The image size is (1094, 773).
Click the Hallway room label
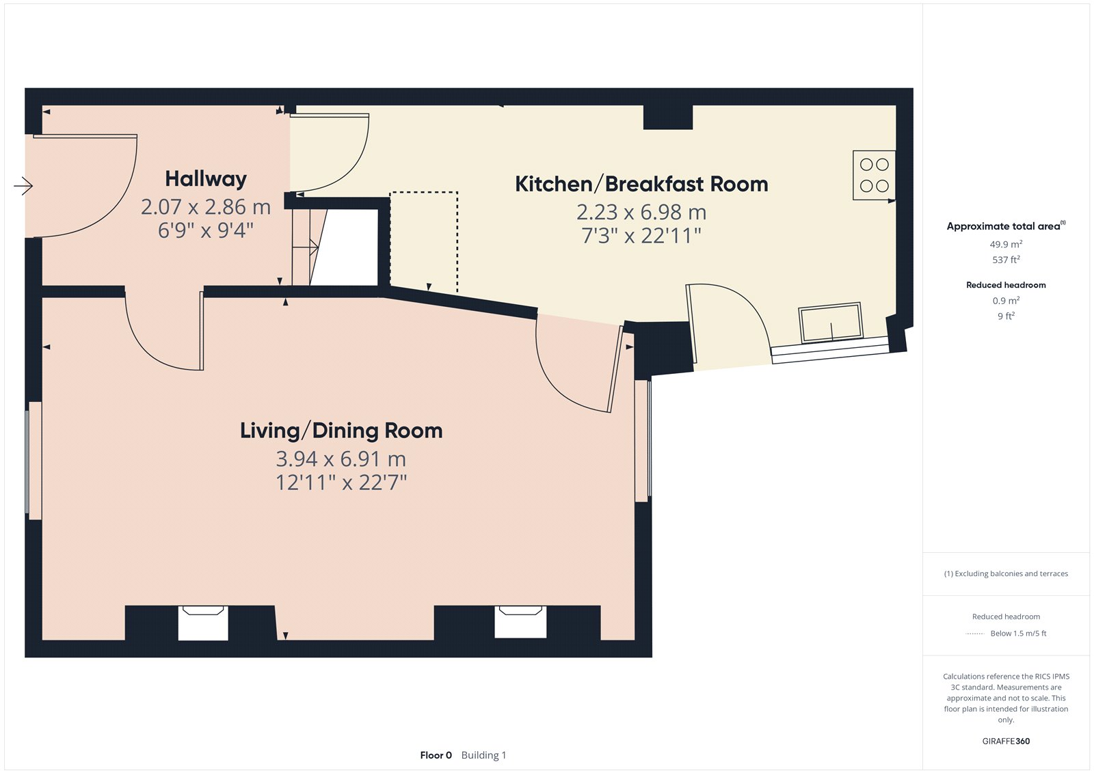pyautogui.click(x=206, y=178)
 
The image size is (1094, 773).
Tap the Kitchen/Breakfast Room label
pyautogui.click(x=641, y=184)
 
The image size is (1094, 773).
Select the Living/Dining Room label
pyautogui.click(x=341, y=431)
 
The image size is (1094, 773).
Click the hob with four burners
pyautogui.click(x=874, y=175)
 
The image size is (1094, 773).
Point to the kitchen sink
pyautogui.click(x=831, y=322)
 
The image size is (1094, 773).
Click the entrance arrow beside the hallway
pyautogui.click(x=23, y=185)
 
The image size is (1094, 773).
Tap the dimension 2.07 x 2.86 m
pyautogui.click(x=206, y=207)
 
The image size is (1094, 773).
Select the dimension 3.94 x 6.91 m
pyautogui.click(x=341, y=459)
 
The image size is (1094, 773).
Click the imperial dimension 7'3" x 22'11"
pyautogui.click(x=641, y=236)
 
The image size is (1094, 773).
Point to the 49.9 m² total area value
pyautogui.click(x=1006, y=244)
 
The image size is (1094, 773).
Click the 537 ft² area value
pyautogui.click(x=1006, y=259)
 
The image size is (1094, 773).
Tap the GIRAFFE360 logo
pyautogui.click(x=1006, y=741)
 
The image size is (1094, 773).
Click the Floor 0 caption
pyautogui.click(x=436, y=755)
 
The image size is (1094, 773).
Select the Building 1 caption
pyautogui.click(x=483, y=755)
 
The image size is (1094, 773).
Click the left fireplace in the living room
pyautogui.click(x=202, y=623)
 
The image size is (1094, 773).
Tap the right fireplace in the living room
pyautogui.click(x=520, y=622)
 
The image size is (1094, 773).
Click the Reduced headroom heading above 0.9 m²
pyautogui.click(x=1006, y=285)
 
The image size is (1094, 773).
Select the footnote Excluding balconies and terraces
pyautogui.click(x=1006, y=573)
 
